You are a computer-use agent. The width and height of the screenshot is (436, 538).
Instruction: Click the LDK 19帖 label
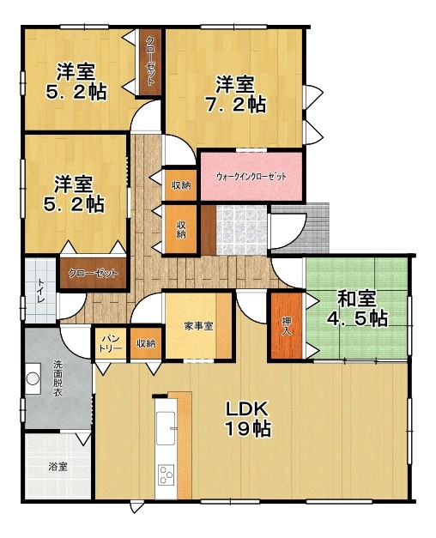(x=248, y=419)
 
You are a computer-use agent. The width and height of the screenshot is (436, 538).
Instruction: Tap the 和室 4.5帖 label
(x=357, y=308)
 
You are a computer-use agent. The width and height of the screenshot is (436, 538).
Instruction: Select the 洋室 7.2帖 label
(x=235, y=94)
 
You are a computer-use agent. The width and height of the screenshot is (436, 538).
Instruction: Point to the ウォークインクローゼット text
(x=251, y=177)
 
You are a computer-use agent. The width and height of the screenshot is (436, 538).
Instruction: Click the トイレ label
(x=41, y=291)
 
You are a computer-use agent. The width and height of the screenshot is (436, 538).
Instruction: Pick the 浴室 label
(x=58, y=467)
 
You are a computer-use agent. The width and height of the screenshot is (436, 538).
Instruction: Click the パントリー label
(x=110, y=343)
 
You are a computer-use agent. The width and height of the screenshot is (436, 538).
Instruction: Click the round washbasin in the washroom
(x=33, y=378)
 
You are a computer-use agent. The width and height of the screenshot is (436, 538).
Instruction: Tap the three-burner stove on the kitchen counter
(x=166, y=475)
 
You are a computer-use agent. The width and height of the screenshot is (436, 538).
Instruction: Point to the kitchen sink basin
(x=166, y=428)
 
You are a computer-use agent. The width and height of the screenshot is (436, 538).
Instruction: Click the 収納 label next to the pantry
(x=146, y=343)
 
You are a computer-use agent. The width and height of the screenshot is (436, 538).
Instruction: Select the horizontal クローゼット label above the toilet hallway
(x=93, y=274)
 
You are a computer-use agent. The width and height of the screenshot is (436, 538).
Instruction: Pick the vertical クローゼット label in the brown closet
(x=150, y=61)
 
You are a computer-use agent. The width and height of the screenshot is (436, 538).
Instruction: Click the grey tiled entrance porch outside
(x=300, y=228)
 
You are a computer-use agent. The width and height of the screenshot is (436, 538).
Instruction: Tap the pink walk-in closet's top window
(x=251, y=150)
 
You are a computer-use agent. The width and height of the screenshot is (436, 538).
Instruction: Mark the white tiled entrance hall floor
(x=241, y=230)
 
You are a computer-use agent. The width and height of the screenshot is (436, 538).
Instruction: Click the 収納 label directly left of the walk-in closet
(x=181, y=185)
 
